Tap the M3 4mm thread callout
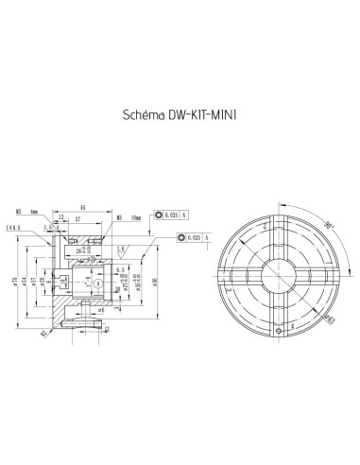[52, 212]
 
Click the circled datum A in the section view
[96, 283]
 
